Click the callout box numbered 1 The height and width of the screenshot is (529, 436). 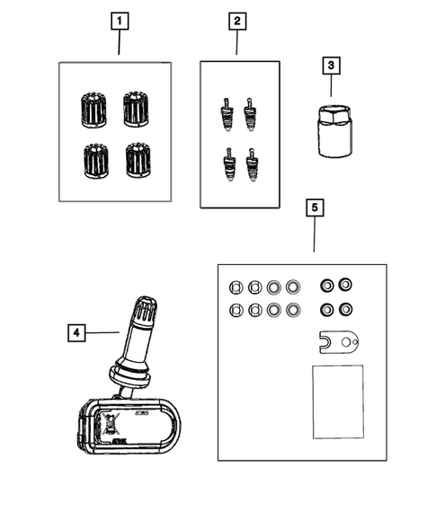(119, 20)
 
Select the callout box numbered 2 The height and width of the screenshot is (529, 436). (237, 20)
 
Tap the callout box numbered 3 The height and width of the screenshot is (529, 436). (330, 66)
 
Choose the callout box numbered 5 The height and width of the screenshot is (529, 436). (314, 208)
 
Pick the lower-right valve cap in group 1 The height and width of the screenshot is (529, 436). (137, 160)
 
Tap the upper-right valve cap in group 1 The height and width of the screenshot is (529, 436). (137, 109)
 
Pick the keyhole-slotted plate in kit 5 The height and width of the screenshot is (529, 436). (340, 342)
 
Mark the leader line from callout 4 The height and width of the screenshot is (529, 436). (104, 332)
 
